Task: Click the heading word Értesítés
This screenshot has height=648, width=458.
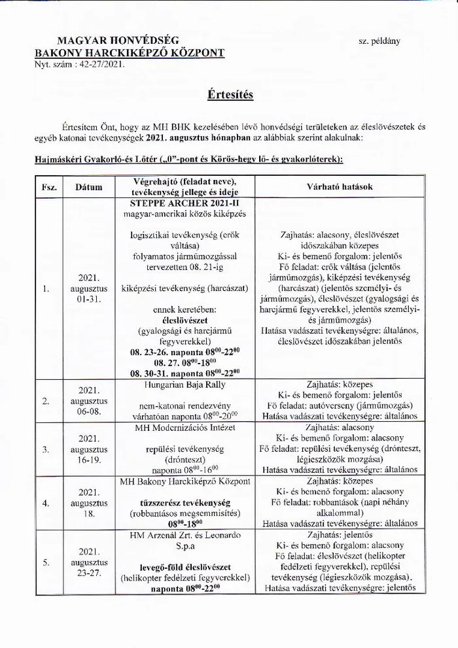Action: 228,94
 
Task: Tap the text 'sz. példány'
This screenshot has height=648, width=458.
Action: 379,41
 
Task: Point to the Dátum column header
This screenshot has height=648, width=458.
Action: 89,187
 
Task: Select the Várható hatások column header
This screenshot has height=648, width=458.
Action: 340,186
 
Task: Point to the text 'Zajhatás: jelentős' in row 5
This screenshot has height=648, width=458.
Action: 340,535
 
